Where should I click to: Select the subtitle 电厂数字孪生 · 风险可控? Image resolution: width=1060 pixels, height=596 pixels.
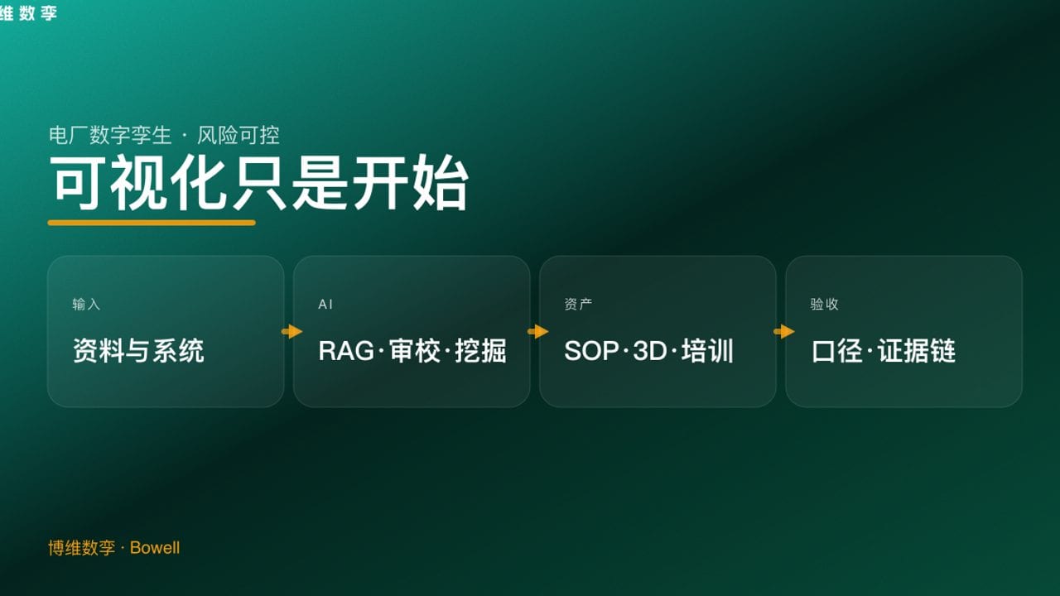tap(164, 135)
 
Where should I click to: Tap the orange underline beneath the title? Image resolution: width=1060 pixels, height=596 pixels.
tap(152, 222)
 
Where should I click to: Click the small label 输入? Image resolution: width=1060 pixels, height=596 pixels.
tap(86, 305)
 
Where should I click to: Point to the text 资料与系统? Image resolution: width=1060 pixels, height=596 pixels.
tap(138, 351)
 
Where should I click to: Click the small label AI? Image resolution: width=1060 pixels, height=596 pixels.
tap(325, 305)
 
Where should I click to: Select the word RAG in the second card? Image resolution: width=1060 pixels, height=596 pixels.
tap(346, 351)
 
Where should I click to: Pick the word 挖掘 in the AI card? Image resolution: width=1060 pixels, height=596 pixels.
tap(480, 351)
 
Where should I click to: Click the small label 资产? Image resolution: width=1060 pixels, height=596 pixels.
tap(578, 305)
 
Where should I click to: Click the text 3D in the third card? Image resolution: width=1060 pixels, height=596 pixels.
tap(649, 351)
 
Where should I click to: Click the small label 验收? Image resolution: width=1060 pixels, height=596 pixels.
tap(824, 305)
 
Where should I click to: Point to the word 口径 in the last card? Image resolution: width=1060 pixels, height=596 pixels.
tap(838, 351)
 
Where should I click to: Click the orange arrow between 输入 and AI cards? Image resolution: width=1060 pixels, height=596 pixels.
tap(291, 332)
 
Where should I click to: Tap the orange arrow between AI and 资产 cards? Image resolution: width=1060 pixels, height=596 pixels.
tap(537, 332)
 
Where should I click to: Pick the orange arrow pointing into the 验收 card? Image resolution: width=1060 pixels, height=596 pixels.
tap(783, 332)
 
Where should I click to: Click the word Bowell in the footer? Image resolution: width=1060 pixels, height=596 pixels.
tap(155, 548)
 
